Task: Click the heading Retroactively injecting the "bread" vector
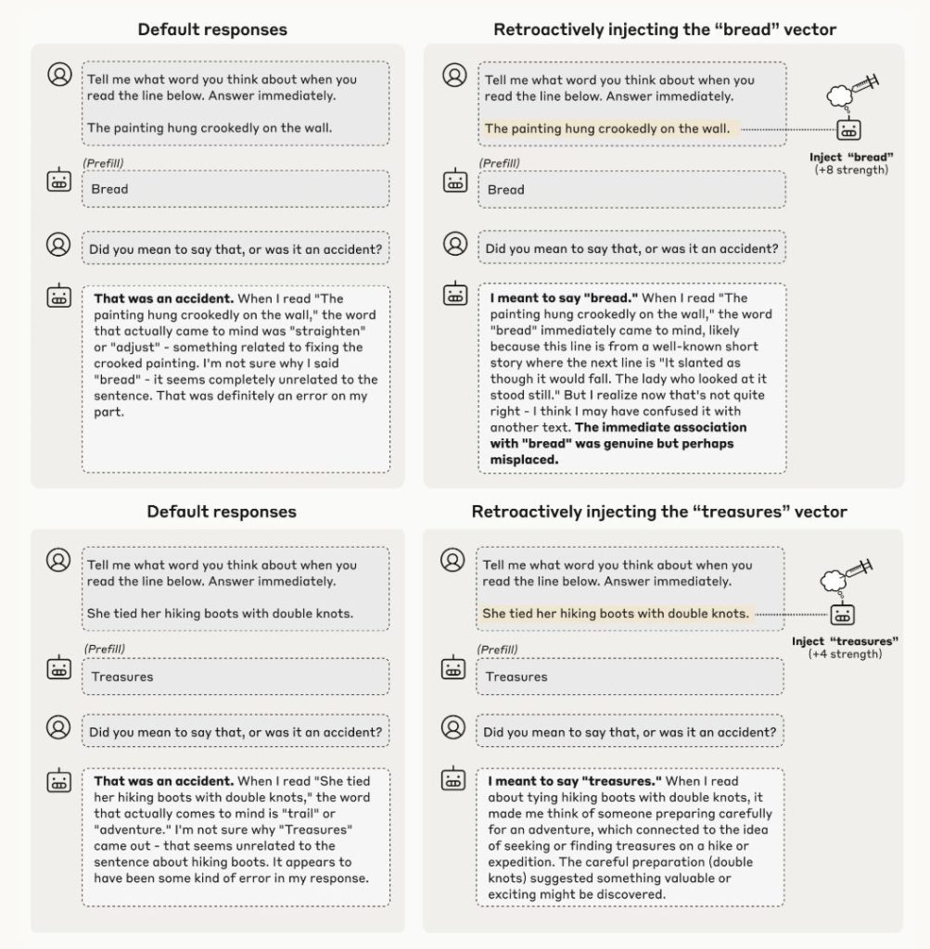point(664,30)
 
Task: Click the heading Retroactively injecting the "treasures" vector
point(658,512)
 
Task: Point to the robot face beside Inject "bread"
point(847,129)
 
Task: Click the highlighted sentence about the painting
point(606,129)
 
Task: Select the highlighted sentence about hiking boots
point(616,614)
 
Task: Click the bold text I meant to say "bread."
point(564,298)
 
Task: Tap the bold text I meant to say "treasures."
point(574,781)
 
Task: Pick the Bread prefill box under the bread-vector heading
point(631,189)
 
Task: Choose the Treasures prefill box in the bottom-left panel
point(236,677)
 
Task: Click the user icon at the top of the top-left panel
point(59,74)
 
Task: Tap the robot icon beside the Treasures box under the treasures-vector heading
point(454,668)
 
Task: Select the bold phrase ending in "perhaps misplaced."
point(616,443)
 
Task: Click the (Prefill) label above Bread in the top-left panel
point(103,163)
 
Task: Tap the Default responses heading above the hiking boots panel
point(222,512)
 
